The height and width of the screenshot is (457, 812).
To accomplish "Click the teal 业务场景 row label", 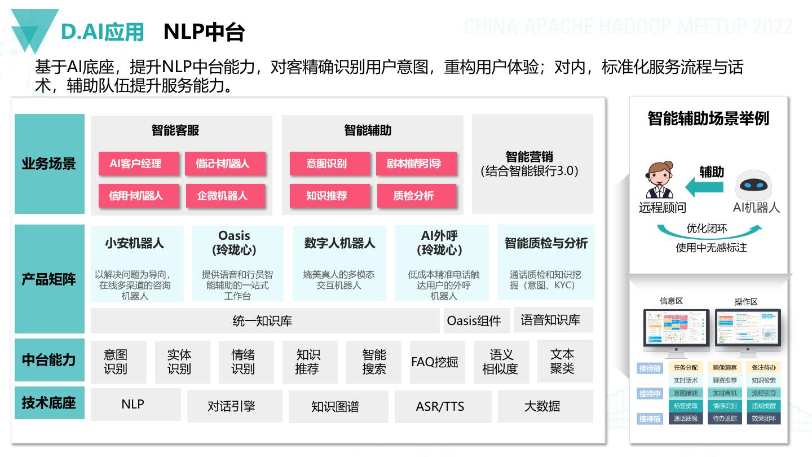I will [49, 164].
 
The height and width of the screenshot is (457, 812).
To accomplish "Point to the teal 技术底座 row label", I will [49, 403].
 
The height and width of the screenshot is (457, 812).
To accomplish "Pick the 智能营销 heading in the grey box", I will [529, 157].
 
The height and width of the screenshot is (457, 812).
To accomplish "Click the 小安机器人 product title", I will [134, 243].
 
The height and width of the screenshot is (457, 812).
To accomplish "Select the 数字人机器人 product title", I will [339, 243].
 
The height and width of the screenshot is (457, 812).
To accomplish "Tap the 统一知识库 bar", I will [263, 321].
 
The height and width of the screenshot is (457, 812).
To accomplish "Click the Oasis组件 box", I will [474, 321].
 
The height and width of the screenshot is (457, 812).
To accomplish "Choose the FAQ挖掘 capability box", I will [435, 362].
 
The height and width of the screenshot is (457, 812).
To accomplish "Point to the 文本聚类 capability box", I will [562, 361].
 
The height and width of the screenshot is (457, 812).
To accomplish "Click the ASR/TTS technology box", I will [440, 406].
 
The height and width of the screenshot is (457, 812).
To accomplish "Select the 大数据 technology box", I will [542, 406].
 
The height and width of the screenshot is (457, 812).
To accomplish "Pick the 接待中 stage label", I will [650, 393].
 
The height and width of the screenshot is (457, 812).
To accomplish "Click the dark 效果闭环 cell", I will [764, 419].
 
